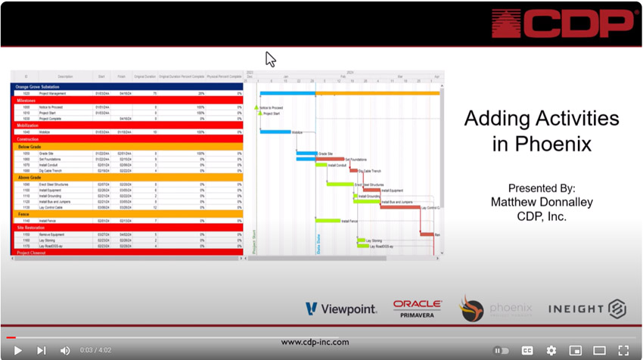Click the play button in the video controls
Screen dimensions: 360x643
(x=17, y=350)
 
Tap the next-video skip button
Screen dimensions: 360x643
(x=42, y=350)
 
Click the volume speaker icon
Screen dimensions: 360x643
(x=65, y=350)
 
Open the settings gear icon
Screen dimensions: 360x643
(x=551, y=350)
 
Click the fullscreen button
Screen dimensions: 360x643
(x=623, y=350)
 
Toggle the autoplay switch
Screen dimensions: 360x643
(x=501, y=350)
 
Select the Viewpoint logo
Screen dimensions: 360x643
(x=342, y=309)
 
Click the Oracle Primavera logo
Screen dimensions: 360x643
(x=417, y=308)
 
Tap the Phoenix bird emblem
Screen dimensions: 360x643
(x=471, y=309)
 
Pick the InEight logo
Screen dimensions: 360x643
(x=587, y=309)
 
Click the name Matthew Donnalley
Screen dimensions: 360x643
(x=541, y=202)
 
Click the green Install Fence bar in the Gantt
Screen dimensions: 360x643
(x=328, y=221)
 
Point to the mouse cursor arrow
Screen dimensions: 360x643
(x=270, y=58)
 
